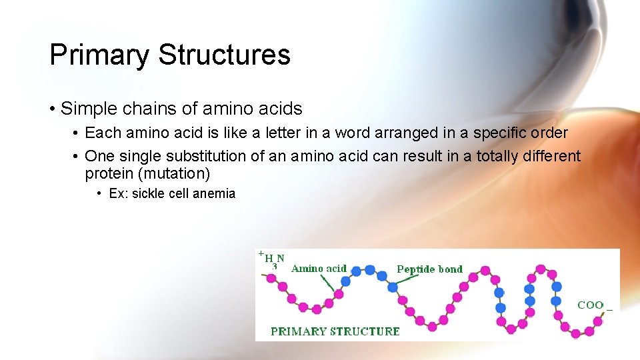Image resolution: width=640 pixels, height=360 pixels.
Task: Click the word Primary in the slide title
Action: coord(99,55)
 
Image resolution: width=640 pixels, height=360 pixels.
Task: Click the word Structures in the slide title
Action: coord(224,55)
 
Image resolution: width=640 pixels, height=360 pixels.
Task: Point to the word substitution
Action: coord(207,156)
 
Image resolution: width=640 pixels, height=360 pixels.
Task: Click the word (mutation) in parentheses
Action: coord(176,174)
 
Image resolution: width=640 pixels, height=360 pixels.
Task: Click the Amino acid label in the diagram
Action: coord(319,269)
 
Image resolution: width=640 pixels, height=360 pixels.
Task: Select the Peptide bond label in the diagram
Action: coord(429,269)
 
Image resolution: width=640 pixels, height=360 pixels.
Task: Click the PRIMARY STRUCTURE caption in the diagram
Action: coord(335,331)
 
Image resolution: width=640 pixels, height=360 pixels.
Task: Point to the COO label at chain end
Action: coord(591,305)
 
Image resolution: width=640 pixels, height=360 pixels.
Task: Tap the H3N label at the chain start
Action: coord(274,259)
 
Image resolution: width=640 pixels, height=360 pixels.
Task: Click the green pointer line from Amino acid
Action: coord(327,283)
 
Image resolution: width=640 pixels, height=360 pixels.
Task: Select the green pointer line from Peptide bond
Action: coord(407,280)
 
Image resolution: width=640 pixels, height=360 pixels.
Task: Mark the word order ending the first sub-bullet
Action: coord(551,133)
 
